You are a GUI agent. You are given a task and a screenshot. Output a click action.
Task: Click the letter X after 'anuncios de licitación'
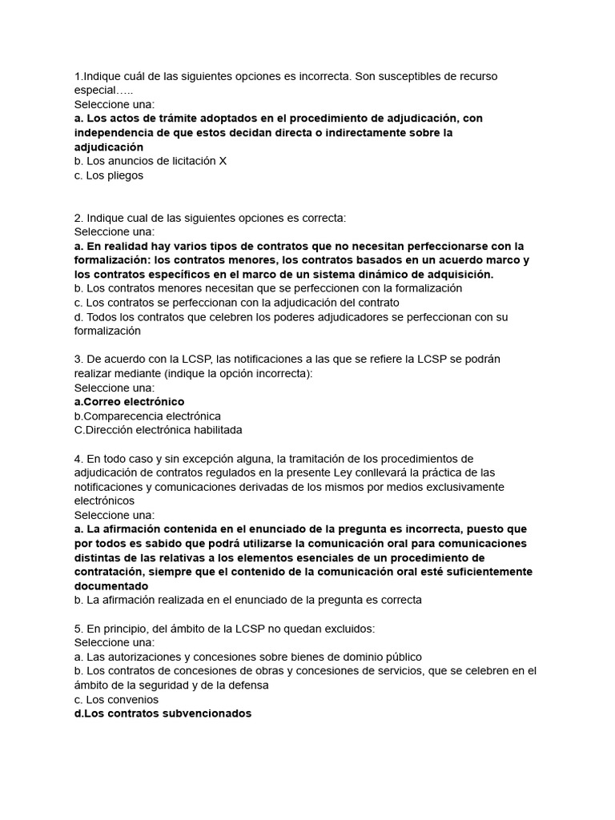[x=223, y=161]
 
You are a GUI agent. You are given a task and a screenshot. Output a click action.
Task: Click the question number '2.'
[x=78, y=218]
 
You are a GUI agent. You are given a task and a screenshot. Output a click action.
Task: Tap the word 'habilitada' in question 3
[x=214, y=430]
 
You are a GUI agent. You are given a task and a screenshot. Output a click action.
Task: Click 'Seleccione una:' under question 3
[x=115, y=388]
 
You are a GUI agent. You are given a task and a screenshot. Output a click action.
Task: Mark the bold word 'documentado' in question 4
[x=111, y=585]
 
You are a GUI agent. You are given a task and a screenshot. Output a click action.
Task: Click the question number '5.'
[x=78, y=629]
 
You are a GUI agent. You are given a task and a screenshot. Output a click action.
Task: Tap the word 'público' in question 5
[x=403, y=657]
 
